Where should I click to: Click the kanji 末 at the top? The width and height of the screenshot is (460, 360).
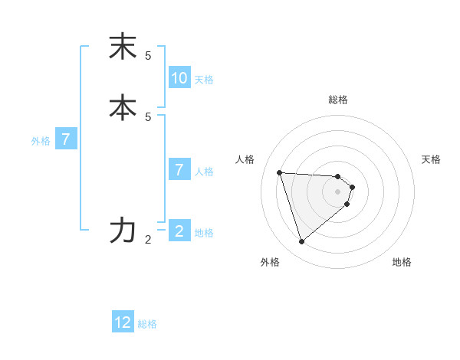coord(123,47)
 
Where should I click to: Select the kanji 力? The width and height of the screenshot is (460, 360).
coord(123,230)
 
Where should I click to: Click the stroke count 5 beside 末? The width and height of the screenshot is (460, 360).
coord(148,56)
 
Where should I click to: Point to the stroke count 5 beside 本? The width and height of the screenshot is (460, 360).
coord(148,116)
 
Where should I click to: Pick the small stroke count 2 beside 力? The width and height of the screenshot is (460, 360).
coord(148,240)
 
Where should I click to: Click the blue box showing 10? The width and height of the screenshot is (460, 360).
coord(179,78)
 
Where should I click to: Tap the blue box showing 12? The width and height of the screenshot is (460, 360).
coord(123,322)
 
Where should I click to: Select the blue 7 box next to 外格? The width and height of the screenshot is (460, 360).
coord(66,139)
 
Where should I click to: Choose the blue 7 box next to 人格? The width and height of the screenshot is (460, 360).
coord(179,169)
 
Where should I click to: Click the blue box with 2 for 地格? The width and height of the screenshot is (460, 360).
coord(179,231)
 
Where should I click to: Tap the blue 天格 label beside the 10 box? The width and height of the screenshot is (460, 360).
coord(204,80)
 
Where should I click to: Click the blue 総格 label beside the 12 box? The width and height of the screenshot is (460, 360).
coord(147,324)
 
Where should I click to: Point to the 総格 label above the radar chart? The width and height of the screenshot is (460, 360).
coord(338,100)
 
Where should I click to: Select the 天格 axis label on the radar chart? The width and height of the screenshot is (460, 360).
coord(431,159)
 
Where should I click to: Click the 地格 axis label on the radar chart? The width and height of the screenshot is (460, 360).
coord(402,263)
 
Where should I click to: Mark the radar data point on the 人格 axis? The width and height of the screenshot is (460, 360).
coord(280,172)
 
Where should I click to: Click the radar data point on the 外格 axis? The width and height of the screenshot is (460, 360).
coord(302,241)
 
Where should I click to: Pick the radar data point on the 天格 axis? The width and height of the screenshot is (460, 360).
coord(352,187)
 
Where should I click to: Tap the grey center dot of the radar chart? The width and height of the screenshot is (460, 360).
coord(338,201)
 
